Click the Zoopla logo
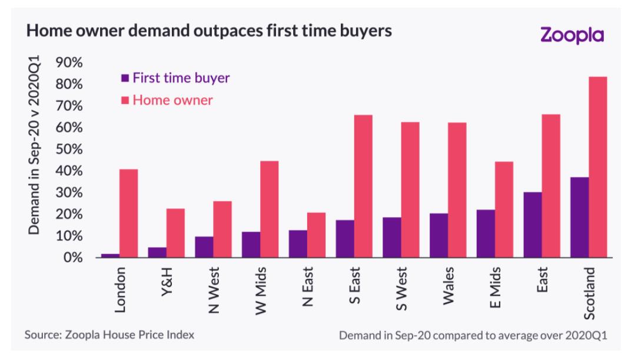571,35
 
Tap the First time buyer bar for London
110,255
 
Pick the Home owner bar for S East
363,186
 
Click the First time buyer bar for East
533,225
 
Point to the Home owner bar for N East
316,235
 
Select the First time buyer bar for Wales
438,235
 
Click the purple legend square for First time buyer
125,78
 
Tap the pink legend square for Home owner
125,99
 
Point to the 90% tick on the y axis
69,63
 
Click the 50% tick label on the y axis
69,149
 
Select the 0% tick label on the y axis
73,258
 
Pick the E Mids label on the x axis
496,289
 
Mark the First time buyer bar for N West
204,247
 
